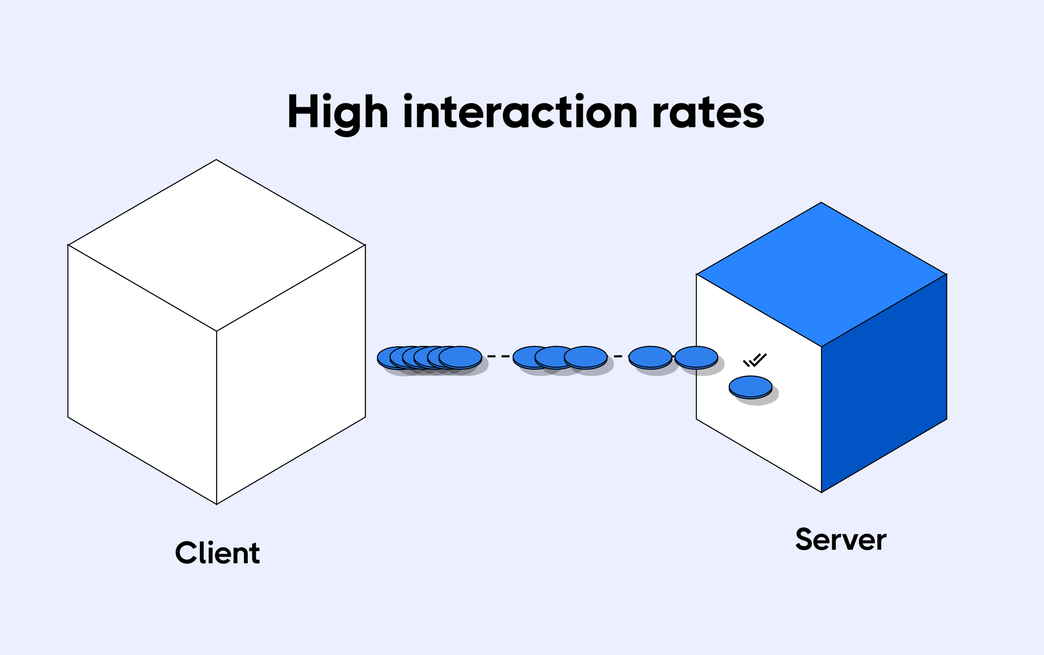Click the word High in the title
point(337,113)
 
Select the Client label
point(217,553)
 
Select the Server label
point(841,540)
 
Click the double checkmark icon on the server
point(755,360)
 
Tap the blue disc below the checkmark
point(750,386)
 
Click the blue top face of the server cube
point(821,274)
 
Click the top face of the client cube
point(216,245)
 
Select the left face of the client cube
point(142,374)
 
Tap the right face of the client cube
point(291,374)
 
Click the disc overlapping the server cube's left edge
point(696,357)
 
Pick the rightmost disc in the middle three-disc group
point(585,357)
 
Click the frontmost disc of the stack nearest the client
point(460,357)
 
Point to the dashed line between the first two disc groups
point(498,356)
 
